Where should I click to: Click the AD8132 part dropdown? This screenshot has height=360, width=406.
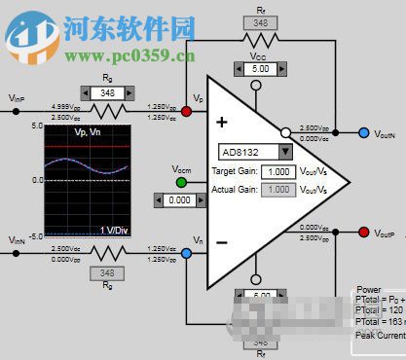tap(256, 152)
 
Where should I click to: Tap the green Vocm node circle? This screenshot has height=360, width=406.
tap(181, 182)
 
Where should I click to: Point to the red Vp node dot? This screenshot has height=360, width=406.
tap(186, 111)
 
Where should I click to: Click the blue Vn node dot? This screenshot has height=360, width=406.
tap(186, 253)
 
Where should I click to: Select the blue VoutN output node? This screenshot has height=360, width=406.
tap(364, 132)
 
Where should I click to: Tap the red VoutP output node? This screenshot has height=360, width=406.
tap(364, 234)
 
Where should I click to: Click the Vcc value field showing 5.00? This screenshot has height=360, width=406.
tap(260, 69)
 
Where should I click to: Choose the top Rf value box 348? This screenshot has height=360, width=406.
tap(260, 22)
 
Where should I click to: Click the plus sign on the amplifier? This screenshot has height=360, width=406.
tap(221, 124)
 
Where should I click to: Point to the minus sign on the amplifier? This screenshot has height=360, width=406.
tap(221, 240)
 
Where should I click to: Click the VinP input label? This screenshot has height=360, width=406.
tap(17, 98)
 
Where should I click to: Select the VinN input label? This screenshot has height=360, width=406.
tap(17, 240)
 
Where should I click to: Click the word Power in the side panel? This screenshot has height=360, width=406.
tap(370, 289)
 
